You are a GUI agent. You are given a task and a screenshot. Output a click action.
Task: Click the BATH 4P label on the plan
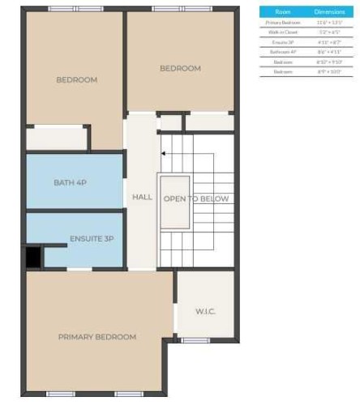pyautogui.click(x=70, y=182)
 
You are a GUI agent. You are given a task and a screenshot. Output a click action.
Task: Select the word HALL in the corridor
pyautogui.click(x=142, y=197)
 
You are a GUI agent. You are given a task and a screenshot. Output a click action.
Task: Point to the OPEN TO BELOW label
pyautogui.click(x=196, y=198)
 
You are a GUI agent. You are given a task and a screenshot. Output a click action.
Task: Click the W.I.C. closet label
pyautogui.click(x=204, y=311)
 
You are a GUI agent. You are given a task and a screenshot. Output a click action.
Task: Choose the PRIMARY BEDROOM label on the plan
pyautogui.click(x=96, y=336)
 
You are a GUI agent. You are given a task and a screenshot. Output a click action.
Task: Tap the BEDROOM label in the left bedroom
pyautogui.click(x=77, y=79)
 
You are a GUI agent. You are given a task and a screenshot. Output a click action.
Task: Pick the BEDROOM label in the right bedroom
pyautogui.click(x=180, y=68)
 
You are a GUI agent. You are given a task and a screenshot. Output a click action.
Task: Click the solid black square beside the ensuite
pyautogui.click(x=33, y=257)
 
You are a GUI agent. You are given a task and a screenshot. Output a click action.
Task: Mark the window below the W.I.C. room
pyautogui.click(x=195, y=340)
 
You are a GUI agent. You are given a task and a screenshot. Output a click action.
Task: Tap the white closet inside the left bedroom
pyautogui.click(x=56, y=138)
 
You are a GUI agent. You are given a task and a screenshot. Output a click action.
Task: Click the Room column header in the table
pyautogui.click(x=283, y=12)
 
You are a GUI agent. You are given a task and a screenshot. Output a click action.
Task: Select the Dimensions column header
pyautogui.click(x=329, y=12)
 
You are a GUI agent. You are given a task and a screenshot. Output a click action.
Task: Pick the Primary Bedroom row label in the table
pyautogui.click(x=283, y=23)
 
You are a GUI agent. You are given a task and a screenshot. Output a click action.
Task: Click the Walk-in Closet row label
pyautogui.click(x=283, y=32)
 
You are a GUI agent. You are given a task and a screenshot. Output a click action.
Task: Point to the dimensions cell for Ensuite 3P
pyautogui.click(x=329, y=42)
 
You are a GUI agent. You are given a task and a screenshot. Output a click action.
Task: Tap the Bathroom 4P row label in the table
pyautogui.click(x=283, y=52)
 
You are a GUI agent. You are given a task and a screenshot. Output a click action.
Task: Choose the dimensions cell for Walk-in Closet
pyautogui.click(x=329, y=32)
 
